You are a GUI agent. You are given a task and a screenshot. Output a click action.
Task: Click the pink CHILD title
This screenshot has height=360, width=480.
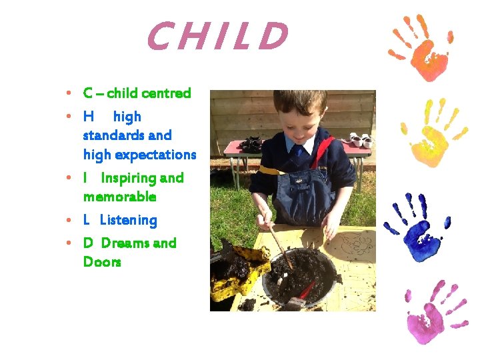tap(217, 37)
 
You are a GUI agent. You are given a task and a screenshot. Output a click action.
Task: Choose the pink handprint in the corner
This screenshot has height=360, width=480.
tap(430, 313)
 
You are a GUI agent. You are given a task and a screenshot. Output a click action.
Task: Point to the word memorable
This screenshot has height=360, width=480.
tap(119, 197)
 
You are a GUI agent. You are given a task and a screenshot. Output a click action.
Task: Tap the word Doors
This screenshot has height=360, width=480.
tap(102, 262)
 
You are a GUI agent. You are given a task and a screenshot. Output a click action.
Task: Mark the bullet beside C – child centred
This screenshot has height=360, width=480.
tap(69, 94)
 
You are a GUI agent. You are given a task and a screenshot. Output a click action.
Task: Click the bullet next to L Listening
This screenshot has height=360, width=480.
tap(69, 221)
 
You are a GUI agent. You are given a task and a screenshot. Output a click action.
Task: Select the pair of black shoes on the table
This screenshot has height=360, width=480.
tap(251, 143)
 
